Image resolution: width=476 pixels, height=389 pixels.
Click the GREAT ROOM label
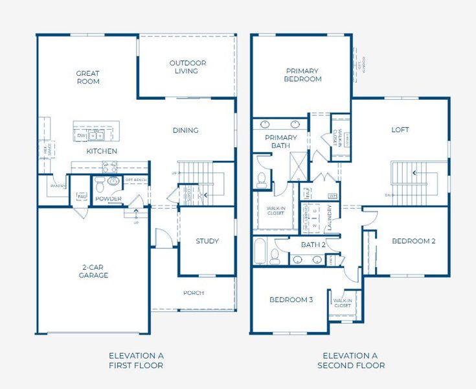88,77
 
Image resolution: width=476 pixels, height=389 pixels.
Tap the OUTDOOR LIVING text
188,67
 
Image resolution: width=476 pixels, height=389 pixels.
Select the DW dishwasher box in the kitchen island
81,136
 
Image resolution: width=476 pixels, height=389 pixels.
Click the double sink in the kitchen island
96,136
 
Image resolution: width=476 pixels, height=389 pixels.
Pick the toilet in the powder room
100,182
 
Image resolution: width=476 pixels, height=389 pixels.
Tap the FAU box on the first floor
82,195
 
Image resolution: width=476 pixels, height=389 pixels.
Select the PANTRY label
58,186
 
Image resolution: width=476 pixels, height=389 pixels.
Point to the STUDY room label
207,241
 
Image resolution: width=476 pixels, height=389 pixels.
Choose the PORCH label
193,293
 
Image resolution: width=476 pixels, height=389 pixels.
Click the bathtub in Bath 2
260,253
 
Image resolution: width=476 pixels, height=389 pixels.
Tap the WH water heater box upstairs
333,195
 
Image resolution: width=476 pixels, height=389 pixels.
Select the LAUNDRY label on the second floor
330,217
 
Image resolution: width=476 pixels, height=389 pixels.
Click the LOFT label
400,130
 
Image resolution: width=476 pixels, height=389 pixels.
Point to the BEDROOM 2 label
414,241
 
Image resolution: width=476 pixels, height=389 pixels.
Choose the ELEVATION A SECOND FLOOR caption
350,360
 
